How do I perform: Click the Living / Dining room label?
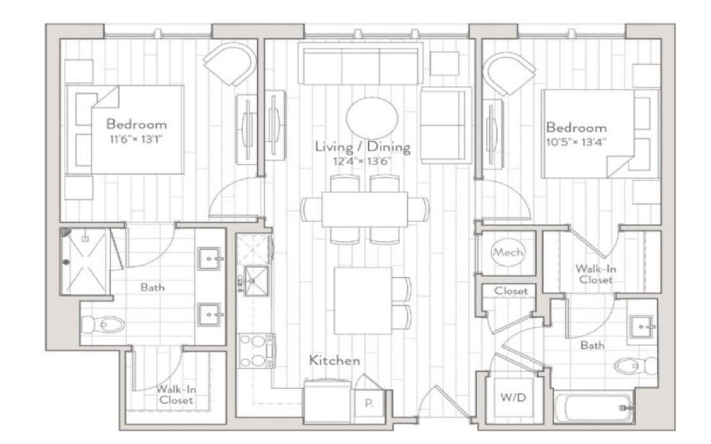pos(362,147)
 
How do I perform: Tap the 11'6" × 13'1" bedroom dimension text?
pos(136,139)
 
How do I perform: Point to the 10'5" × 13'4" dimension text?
pos(576,142)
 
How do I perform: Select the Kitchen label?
pos(335,361)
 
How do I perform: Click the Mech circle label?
pos(508,253)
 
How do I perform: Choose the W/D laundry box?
pos(514,398)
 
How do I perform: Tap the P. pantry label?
pos(369,403)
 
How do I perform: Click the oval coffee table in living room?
pos(372,118)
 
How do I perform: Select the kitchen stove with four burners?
pos(257,350)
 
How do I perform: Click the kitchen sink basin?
pos(257,281)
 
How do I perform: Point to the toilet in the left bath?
pos(103,324)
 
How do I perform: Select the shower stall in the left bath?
pos(85,262)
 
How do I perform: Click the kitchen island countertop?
pos(363,300)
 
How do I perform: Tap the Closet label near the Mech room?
pos(511,291)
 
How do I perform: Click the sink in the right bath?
pos(642,327)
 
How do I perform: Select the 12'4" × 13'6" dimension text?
pos(362,161)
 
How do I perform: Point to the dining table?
pos(365,210)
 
